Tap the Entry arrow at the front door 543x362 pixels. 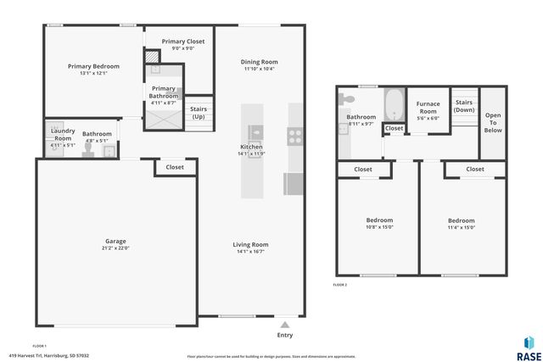click(x=286, y=323)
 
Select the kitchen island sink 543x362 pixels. click(x=255, y=132)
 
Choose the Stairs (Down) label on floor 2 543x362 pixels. click(x=463, y=106)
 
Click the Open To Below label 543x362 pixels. click(x=492, y=123)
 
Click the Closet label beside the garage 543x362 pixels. click(x=175, y=167)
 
